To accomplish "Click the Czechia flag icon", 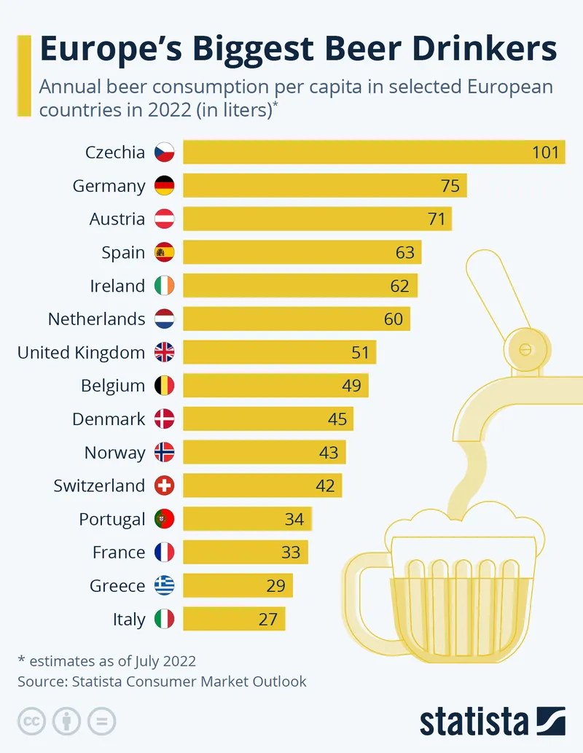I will click(x=165, y=152).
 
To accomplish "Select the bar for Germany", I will click(x=324, y=186).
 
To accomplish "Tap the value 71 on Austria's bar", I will click(x=437, y=219).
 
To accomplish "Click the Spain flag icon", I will click(x=165, y=252).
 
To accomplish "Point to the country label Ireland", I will click(x=117, y=286).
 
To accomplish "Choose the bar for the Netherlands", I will click(x=297, y=319).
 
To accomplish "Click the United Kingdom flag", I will click(x=165, y=353).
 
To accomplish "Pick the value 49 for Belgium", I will click(x=351, y=386).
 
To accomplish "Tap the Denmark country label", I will click(x=109, y=419).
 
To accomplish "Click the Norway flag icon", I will click(x=165, y=453).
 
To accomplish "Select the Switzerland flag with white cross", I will click(x=165, y=485).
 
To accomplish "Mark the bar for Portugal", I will click(x=248, y=519).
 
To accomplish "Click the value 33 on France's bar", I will click(x=291, y=553).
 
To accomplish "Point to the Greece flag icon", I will click(x=165, y=585).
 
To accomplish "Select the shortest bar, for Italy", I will click(x=234, y=619).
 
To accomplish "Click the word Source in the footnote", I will click(x=41, y=682).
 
